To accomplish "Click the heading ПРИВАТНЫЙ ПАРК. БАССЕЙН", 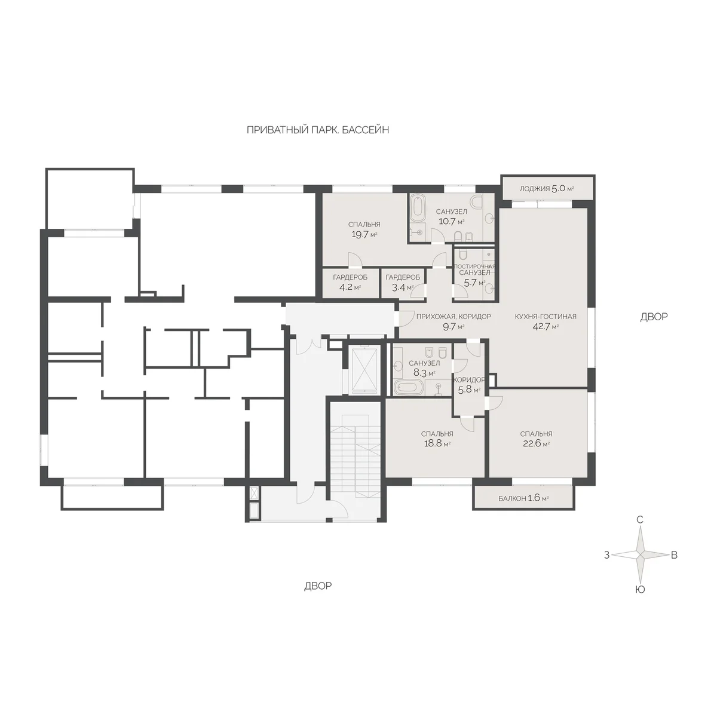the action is tap(318, 130).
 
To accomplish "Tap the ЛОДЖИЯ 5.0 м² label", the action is tap(547, 189).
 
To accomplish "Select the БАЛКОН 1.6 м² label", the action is tap(524, 498).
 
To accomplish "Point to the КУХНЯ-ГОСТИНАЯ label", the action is tap(546, 317).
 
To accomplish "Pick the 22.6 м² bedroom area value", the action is tap(536, 444).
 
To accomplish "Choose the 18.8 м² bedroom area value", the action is tap(437, 444).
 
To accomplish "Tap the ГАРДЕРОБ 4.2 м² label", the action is tap(350, 282).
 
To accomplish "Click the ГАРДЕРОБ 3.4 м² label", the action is tap(403, 282).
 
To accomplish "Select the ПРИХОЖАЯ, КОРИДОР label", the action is tap(454, 317).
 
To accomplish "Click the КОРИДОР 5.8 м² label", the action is tap(469, 385).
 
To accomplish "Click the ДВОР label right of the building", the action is tap(654, 317).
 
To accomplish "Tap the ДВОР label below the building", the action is tap(318, 586).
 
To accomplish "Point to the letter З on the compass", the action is tap(606, 566).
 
